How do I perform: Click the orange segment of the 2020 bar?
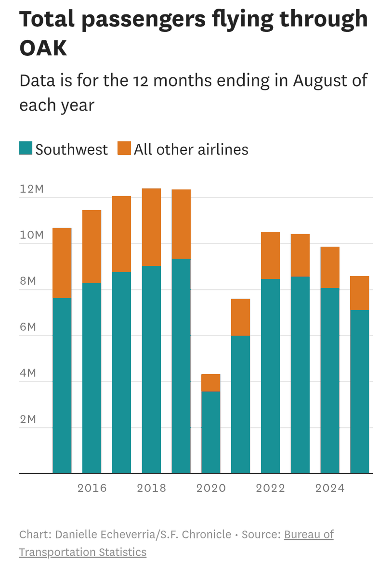tap(210, 383)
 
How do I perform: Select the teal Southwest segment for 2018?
tap(151, 369)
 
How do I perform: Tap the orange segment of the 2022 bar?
tap(270, 255)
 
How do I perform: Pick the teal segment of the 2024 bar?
tap(330, 380)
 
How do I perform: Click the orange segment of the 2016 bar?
tap(91, 247)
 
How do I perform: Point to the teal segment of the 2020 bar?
tap(210, 432)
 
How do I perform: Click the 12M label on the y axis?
tap(31, 189)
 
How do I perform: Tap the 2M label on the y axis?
tap(28, 419)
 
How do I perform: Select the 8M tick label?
tap(28, 281)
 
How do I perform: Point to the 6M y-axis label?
tap(28, 327)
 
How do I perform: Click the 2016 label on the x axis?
tap(92, 488)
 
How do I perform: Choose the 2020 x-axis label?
tap(211, 488)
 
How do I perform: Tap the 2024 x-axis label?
tap(330, 488)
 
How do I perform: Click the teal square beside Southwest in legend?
tap(26, 148)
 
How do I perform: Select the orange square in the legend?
tap(124, 148)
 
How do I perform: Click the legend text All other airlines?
tap(191, 150)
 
